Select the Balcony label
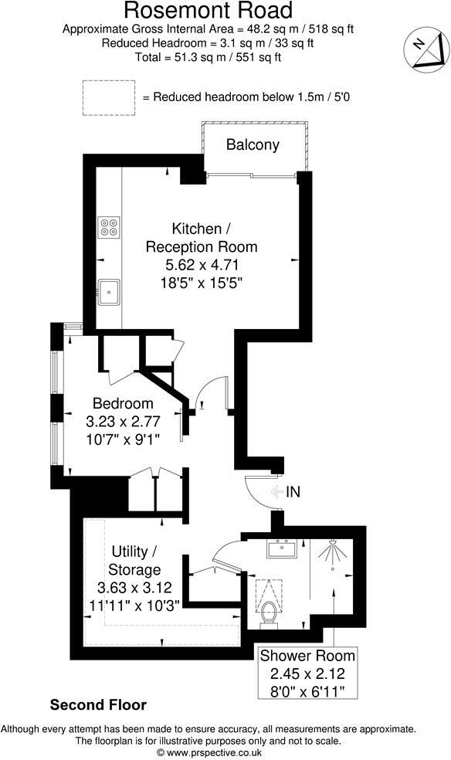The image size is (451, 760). pos(253,145)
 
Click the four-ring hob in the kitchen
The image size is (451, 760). pos(109,227)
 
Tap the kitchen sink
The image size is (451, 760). pos(110,291)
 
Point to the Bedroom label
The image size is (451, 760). pos(123,403)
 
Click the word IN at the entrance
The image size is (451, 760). pos(293,491)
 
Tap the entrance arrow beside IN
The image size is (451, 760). pos(276,491)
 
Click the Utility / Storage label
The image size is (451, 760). pos(136,561)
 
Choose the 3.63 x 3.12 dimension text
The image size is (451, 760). pos(136,587)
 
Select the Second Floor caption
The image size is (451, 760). pos(98,705)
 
